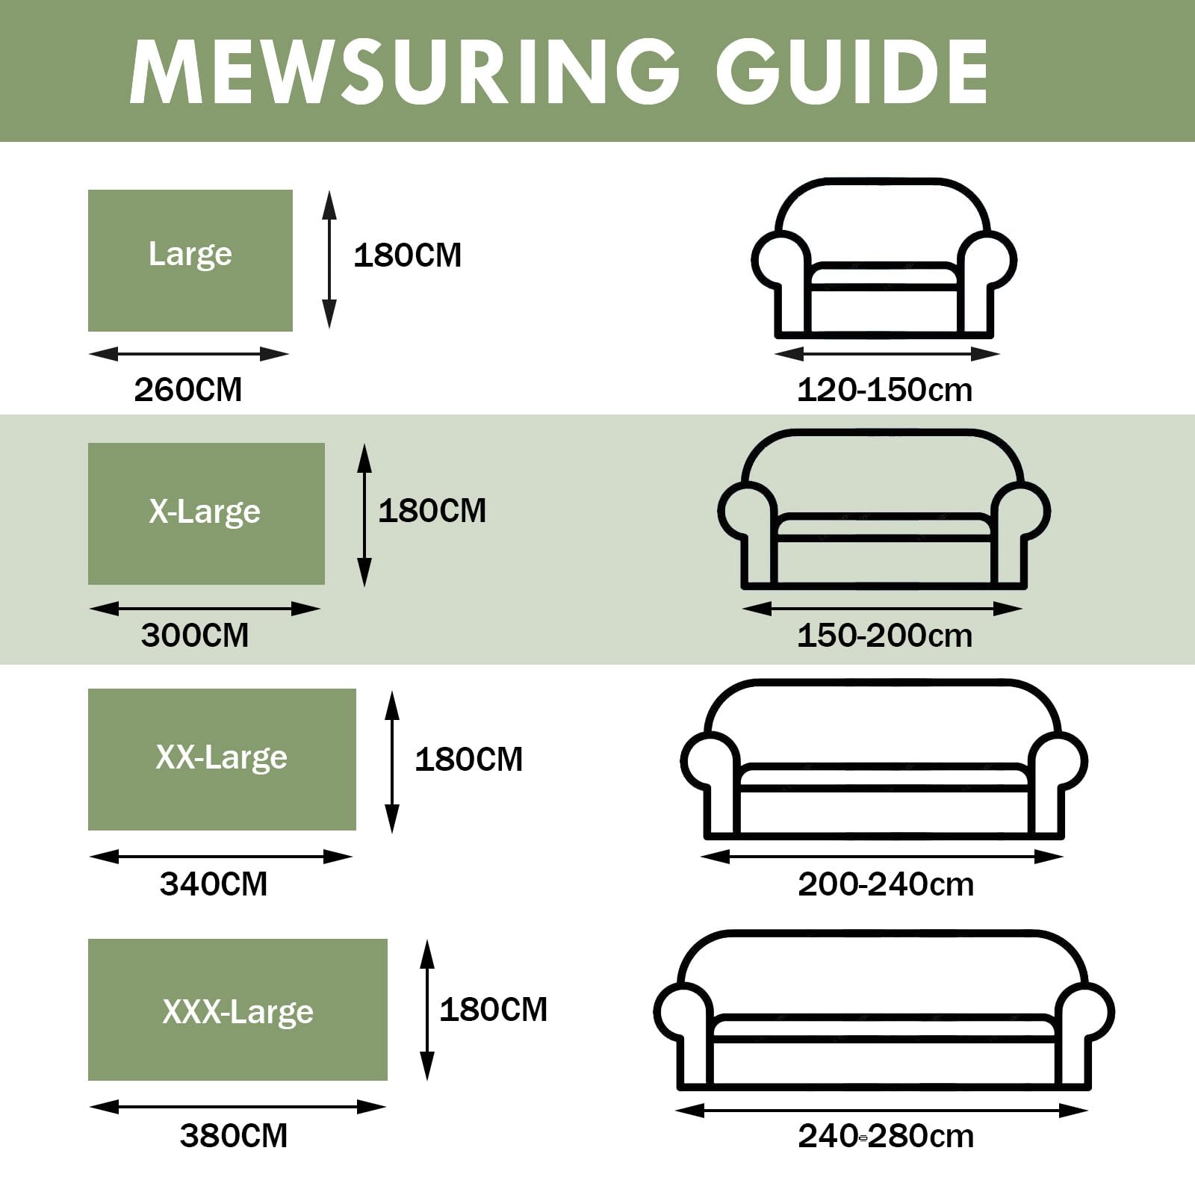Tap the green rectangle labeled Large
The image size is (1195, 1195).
click(x=190, y=261)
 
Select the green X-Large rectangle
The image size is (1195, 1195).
click(x=206, y=514)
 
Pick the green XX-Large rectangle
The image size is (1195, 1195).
click(x=222, y=760)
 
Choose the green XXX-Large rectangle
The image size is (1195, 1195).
click(x=238, y=1010)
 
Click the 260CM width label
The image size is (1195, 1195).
click(x=188, y=390)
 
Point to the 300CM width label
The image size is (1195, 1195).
click(x=195, y=636)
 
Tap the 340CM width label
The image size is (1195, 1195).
click(x=214, y=884)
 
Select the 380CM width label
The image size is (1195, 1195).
click(x=234, y=1136)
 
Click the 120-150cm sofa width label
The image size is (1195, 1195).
click(x=885, y=390)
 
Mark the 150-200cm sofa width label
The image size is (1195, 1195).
click(x=885, y=636)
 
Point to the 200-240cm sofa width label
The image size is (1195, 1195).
click(x=887, y=884)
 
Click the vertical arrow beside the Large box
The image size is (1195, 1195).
click(x=329, y=259)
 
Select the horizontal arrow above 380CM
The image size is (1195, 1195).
click(x=238, y=1107)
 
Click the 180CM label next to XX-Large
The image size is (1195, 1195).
click(x=469, y=760)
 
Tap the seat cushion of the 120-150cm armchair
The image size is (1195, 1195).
click(x=884, y=276)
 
